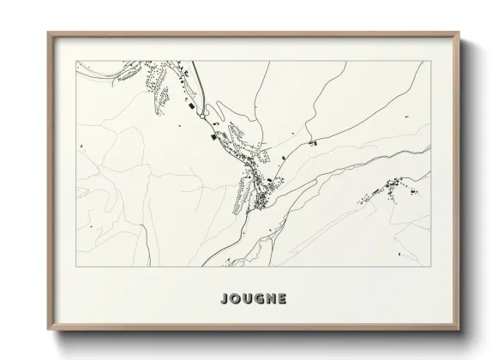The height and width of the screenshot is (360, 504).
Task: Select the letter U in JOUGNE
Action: coord(249,299)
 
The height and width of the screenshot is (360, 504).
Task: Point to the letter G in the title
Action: coord(261,299)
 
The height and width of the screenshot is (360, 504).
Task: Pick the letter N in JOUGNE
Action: coord(273,299)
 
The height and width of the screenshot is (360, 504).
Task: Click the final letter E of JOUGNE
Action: coord(284,299)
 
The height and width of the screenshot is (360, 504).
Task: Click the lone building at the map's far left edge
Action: coord(81,147)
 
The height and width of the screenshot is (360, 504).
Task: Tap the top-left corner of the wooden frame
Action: coord(48,33)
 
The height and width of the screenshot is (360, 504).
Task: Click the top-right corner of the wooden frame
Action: coord(461,33)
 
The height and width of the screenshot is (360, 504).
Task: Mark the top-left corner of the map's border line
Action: coord(76,60)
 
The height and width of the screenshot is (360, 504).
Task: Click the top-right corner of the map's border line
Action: coord(431,60)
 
